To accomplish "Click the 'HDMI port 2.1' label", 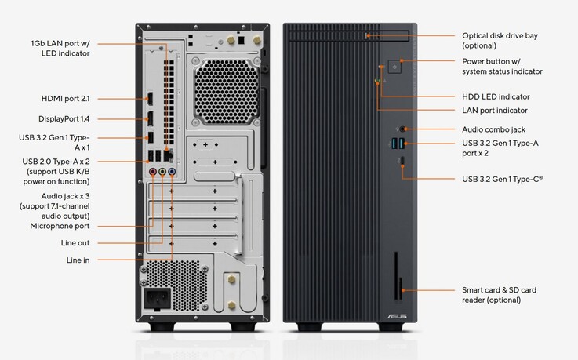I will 66,100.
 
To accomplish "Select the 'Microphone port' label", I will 71,226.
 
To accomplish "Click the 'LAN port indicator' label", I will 495,111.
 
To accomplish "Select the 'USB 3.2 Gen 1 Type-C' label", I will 502,179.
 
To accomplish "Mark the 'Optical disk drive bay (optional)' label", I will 500,41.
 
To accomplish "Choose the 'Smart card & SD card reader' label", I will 510,295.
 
